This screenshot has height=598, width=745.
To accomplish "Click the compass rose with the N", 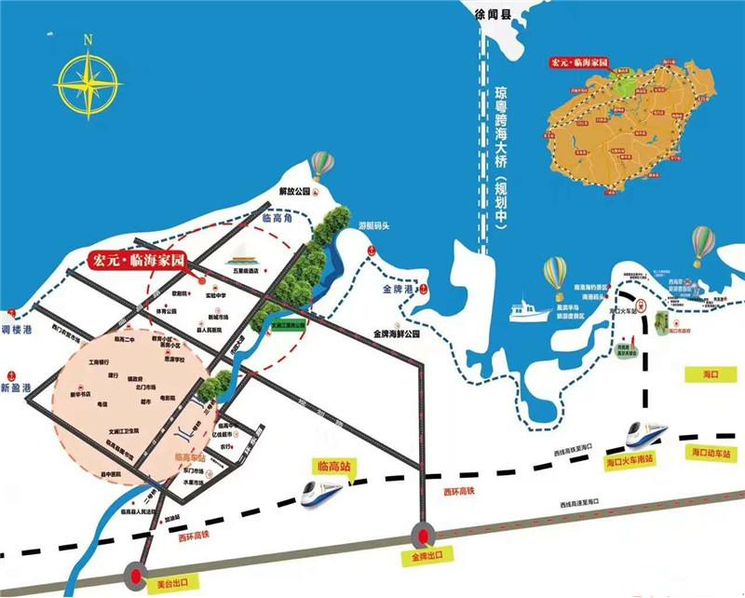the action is (88, 79).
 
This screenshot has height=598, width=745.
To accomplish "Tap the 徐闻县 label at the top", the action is (494, 13).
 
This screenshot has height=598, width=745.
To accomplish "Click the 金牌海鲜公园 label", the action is (397, 333).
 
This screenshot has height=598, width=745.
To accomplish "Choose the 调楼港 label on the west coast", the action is (17, 331).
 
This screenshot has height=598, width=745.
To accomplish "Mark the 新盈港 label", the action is (16, 387).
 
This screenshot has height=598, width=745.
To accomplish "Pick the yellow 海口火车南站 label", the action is (630, 459).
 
